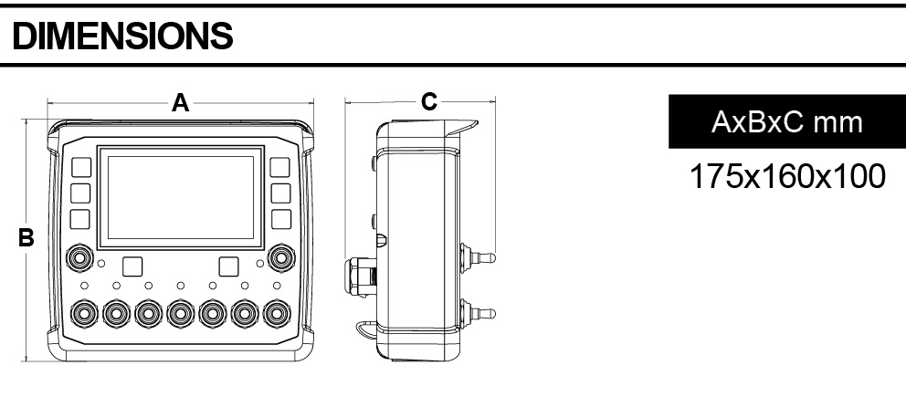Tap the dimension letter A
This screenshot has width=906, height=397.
pyautogui.click(x=181, y=103)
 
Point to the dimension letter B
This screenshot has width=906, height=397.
pyautogui.click(x=27, y=239)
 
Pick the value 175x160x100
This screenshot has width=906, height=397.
pyautogui.click(x=786, y=175)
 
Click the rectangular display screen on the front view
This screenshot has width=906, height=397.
pyautogui.click(x=181, y=196)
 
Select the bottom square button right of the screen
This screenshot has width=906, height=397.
pyautogui.click(x=281, y=219)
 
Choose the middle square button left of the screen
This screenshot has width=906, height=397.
pyautogui.click(x=80, y=193)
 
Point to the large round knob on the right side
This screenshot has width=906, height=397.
pyautogui.click(x=281, y=257)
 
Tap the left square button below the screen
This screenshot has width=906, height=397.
pyautogui.click(x=132, y=266)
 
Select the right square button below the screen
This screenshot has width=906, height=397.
pyautogui.click(x=229, y=266)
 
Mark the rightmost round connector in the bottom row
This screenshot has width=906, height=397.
pyautogui.click(x=277, y=313)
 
